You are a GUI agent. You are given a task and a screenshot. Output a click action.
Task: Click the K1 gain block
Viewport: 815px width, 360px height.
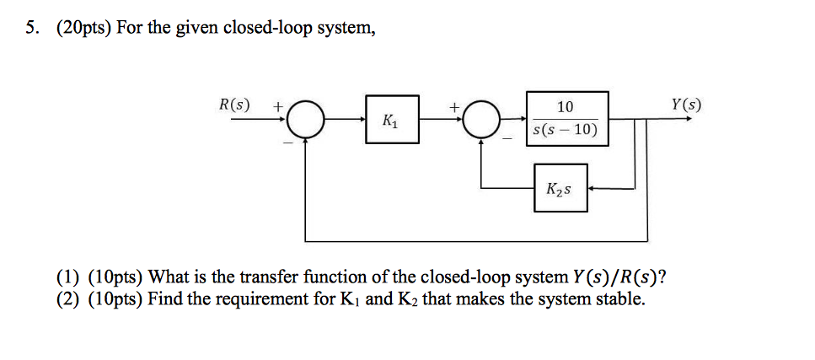point(392,121)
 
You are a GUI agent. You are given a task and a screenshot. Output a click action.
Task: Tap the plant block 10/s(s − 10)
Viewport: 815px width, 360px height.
point(566,119)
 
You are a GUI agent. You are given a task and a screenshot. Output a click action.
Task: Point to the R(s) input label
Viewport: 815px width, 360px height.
point(235,106)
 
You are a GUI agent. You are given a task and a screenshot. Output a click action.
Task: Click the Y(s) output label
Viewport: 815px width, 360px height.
point(686,105)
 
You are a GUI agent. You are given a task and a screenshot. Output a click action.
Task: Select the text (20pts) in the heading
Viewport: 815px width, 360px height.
point(83,29)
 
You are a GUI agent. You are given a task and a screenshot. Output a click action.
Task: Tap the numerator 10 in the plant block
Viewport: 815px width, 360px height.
point(566,107)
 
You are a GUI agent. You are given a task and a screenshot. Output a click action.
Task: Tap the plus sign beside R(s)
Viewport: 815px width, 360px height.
point(276,107)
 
